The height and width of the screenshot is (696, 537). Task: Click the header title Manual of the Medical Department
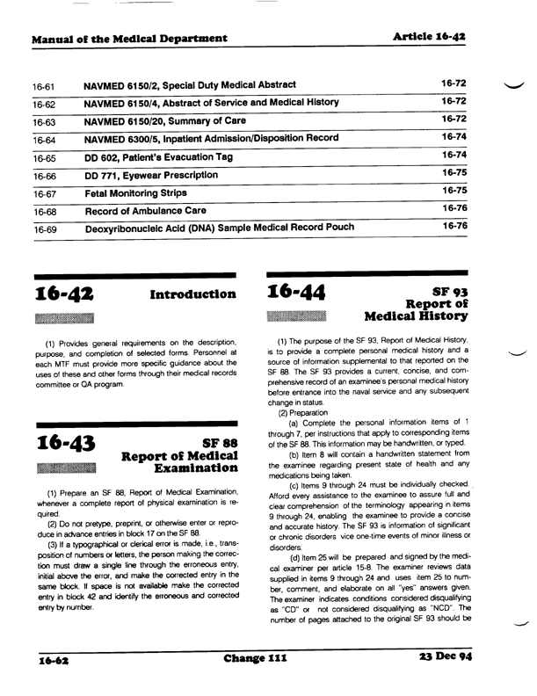click(x=129, y=39)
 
